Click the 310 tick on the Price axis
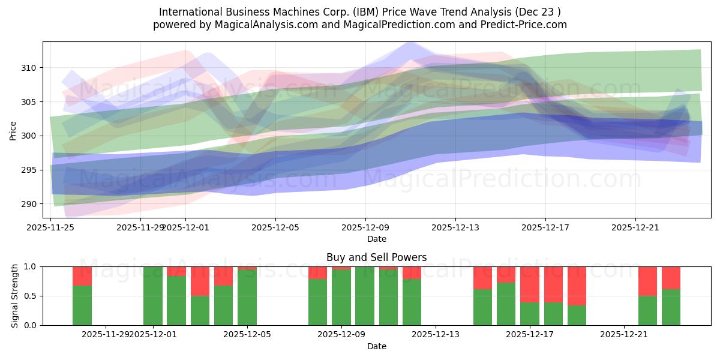[x=31, y=68]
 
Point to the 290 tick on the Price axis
[x=31, y=204]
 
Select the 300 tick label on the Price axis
[x=31, y=136]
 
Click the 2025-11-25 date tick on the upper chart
[x=51, y=227]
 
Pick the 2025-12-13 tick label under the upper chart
[x=455, y=227]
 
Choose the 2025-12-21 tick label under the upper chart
[x=635, y=227]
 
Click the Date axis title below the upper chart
[x=376, y=239]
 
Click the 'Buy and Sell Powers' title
[x=376, y=257]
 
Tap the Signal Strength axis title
[x=15, y=296]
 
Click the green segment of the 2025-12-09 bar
[x=341, y=298]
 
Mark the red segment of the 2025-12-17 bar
[x=530, y=284]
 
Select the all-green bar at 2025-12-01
[x=153, y=296]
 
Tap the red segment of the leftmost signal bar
[x=82, y=275]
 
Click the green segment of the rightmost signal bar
[x=671, y=307]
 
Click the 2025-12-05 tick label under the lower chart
[x=247, y=335]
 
